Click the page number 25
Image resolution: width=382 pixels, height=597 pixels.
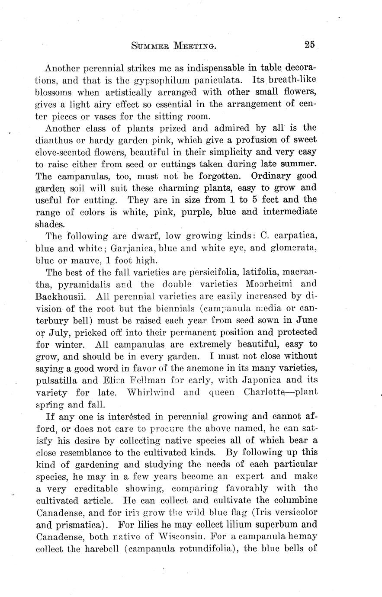click(309, 44)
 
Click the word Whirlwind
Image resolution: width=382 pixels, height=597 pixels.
click(150, 392)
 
